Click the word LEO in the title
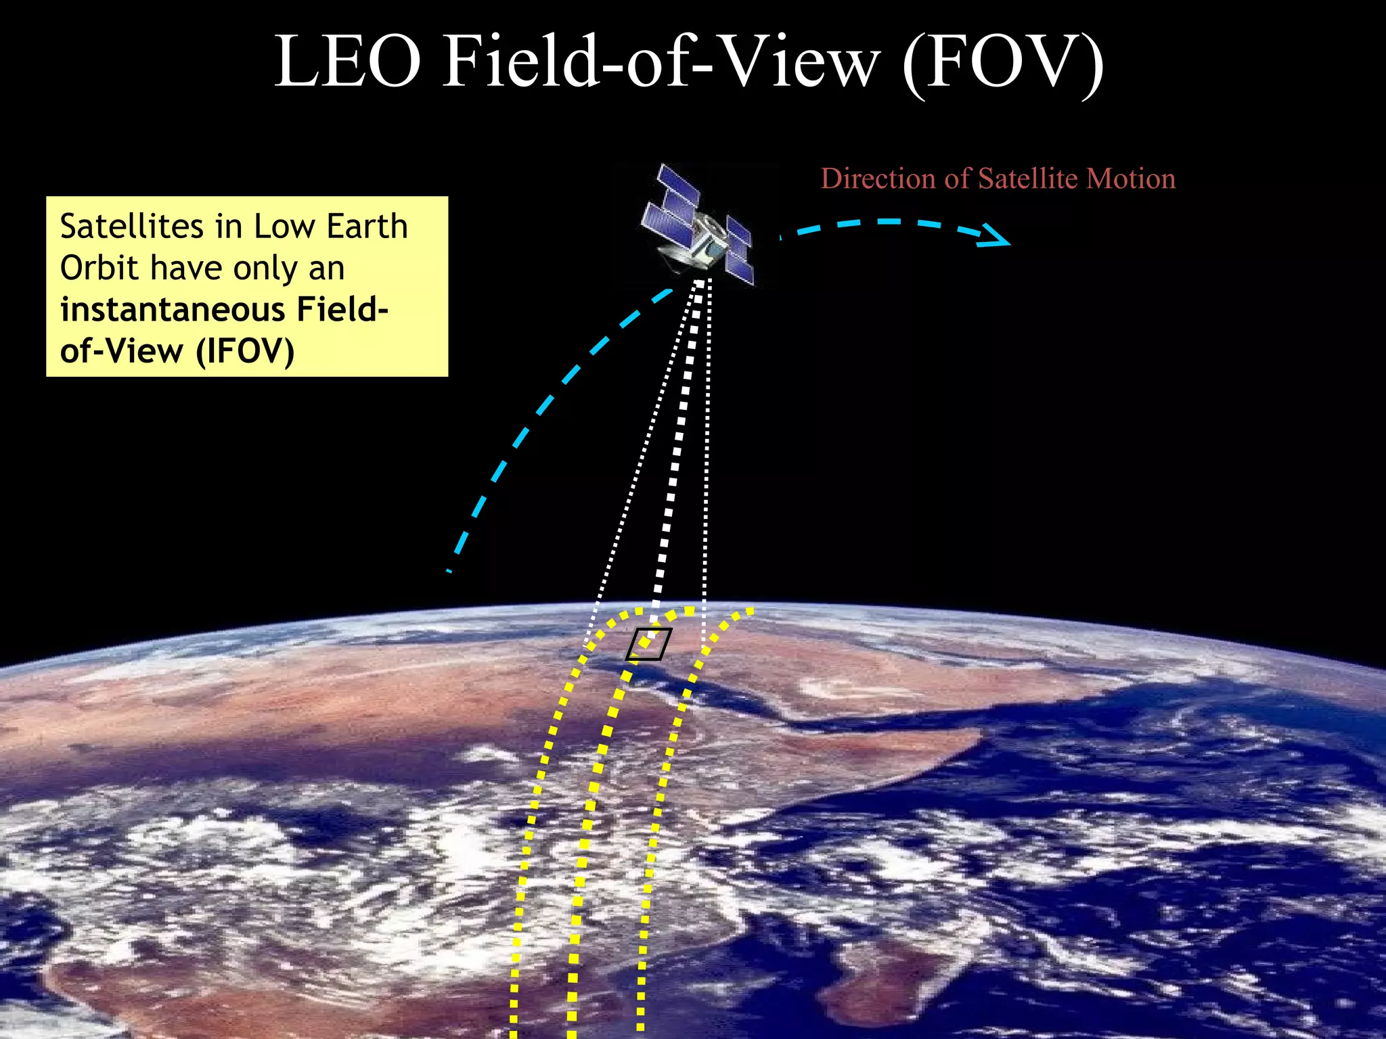pos(348,62)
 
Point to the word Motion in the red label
pos(1131,179)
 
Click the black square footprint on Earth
pos(648,644)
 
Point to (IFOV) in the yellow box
pos(245,351)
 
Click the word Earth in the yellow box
pos(367,227)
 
